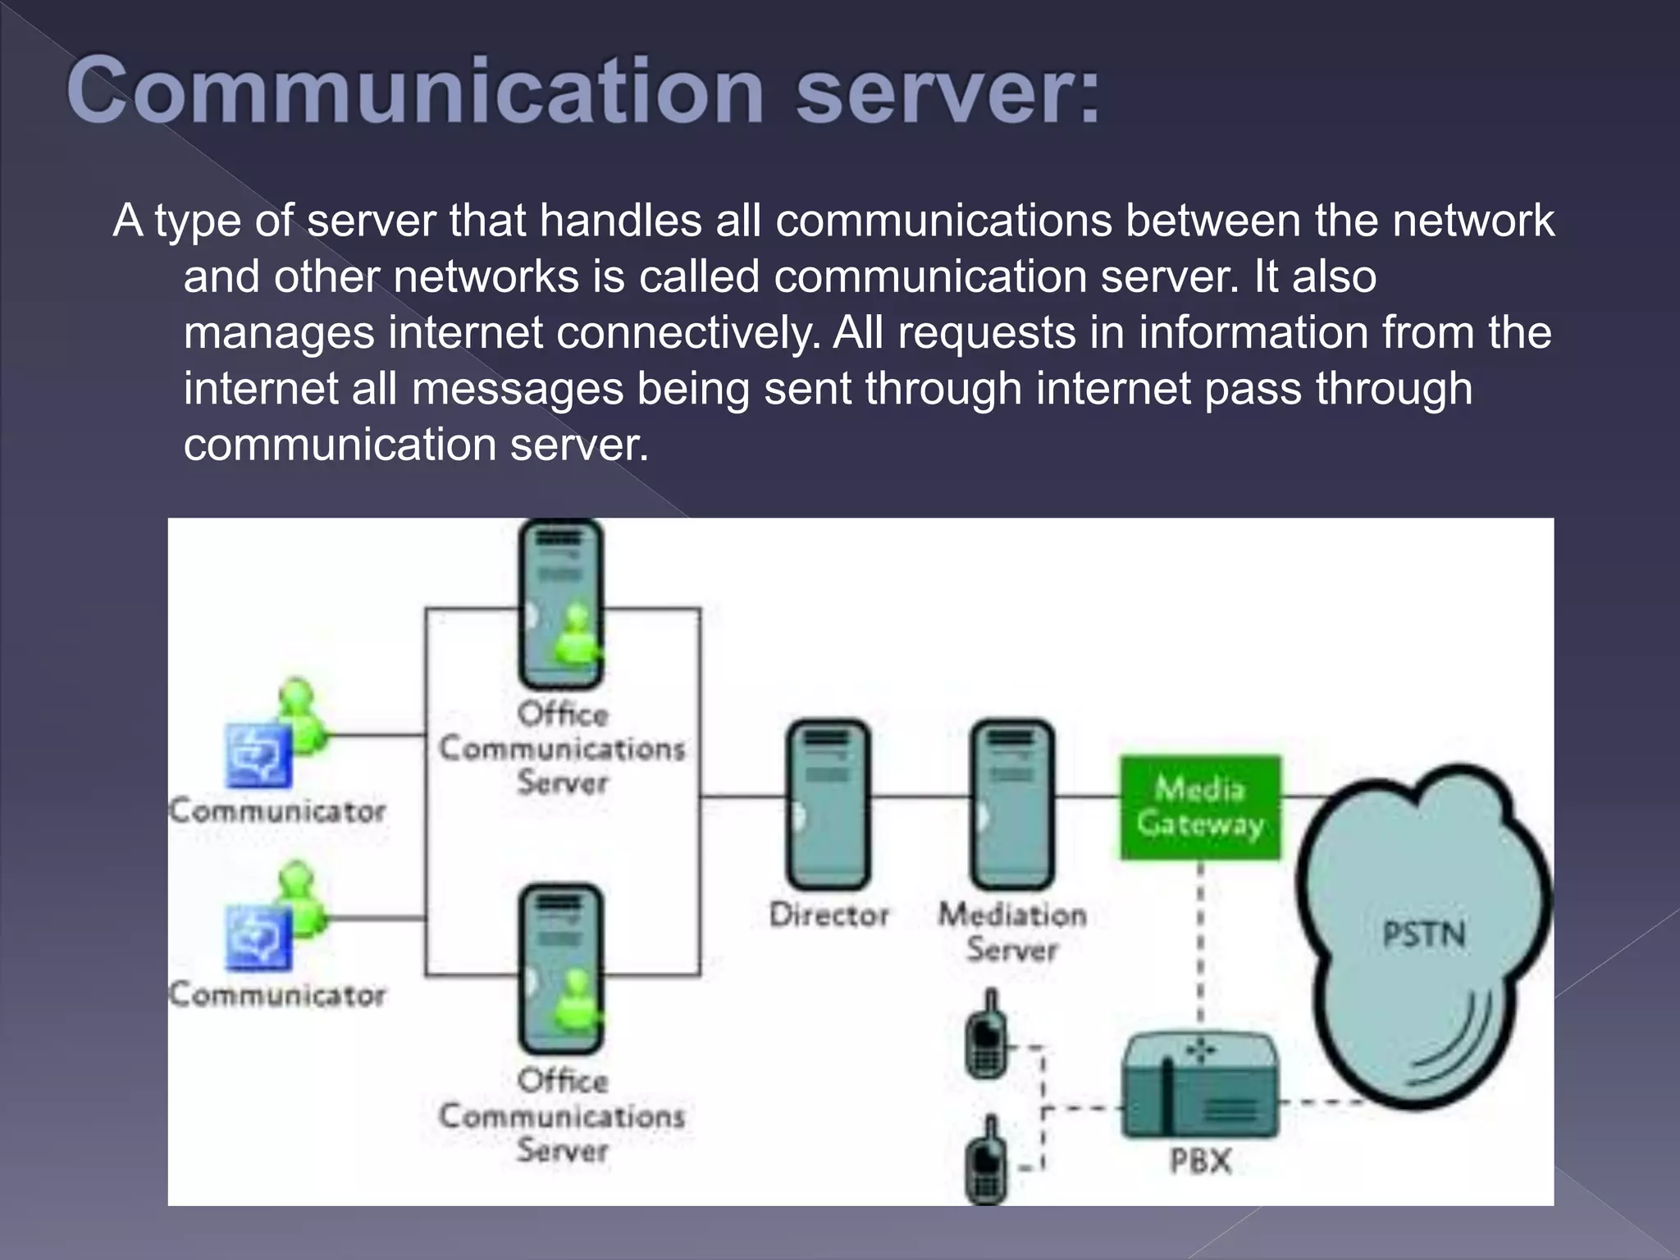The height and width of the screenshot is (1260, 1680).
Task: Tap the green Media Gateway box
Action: pos(1200,807)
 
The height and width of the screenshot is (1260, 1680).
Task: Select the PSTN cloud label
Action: pos(1423,934)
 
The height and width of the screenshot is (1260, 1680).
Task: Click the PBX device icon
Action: pos(1199,1087)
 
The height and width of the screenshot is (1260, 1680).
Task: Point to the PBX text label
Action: pos(1200,1162)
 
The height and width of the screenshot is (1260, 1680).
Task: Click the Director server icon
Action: pos(828,804)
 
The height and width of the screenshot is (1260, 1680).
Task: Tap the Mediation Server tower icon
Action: pos(1011,804)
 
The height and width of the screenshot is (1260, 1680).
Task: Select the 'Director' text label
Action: pos(829,915)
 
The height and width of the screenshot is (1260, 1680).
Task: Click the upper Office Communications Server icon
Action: pos(561,605)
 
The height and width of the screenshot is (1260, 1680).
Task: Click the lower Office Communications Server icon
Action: pos(561,969)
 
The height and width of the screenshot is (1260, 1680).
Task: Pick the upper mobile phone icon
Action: pos(988,1037)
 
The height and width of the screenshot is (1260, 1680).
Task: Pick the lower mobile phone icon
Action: pos(988,1161)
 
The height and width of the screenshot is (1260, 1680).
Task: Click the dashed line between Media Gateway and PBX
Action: pos(1200,943)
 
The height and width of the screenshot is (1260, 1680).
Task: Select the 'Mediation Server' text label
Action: pos(1011,932)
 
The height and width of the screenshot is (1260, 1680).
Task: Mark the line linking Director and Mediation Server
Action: pos(920,796)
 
